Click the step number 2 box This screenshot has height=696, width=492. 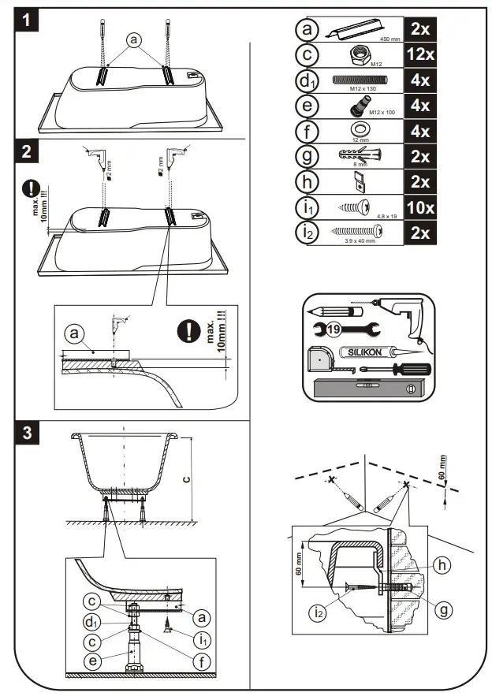click(28, 150)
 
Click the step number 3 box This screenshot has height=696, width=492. click(28, 432)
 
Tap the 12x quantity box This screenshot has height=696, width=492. click(421, 54)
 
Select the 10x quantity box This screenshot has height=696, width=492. click(421, 207)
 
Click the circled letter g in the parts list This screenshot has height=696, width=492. click(307, 155)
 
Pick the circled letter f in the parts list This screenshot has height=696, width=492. click(307, 130)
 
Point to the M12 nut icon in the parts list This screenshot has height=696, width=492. click(356, 53)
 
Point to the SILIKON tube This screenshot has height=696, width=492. click(360, 352)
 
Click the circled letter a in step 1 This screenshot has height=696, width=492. click(134, 39)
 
